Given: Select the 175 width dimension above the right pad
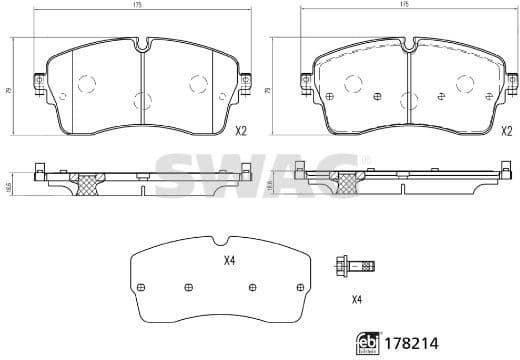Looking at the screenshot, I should pos(404,6).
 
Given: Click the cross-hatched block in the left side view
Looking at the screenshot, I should pos(92,184).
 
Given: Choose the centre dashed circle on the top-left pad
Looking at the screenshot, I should pos(141,99).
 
